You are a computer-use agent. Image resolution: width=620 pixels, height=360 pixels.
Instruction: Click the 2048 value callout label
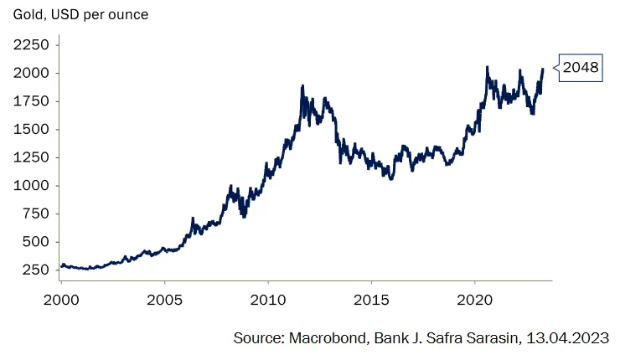[x=581, y=68]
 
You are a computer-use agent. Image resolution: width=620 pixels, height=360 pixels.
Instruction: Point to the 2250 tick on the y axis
[x=31, y=44]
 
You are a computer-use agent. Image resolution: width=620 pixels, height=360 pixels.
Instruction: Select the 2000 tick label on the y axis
[x=31, y=73]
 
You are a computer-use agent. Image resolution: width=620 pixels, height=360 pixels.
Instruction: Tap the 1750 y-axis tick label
[x=31, y=101]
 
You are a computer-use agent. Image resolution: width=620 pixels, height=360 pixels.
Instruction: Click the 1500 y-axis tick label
[x=31, y=129]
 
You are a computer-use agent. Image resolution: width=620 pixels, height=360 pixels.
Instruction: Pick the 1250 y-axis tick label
[x=31, y=157]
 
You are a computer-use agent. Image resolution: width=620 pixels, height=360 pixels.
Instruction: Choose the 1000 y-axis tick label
[x=31, y=186]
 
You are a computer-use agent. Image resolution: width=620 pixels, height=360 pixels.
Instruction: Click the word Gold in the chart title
[x=26, y=15]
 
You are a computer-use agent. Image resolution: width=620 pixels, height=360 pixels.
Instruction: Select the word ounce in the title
[x=127, y=15]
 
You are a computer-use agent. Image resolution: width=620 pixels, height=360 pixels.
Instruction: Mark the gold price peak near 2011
[x=302, y=85]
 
